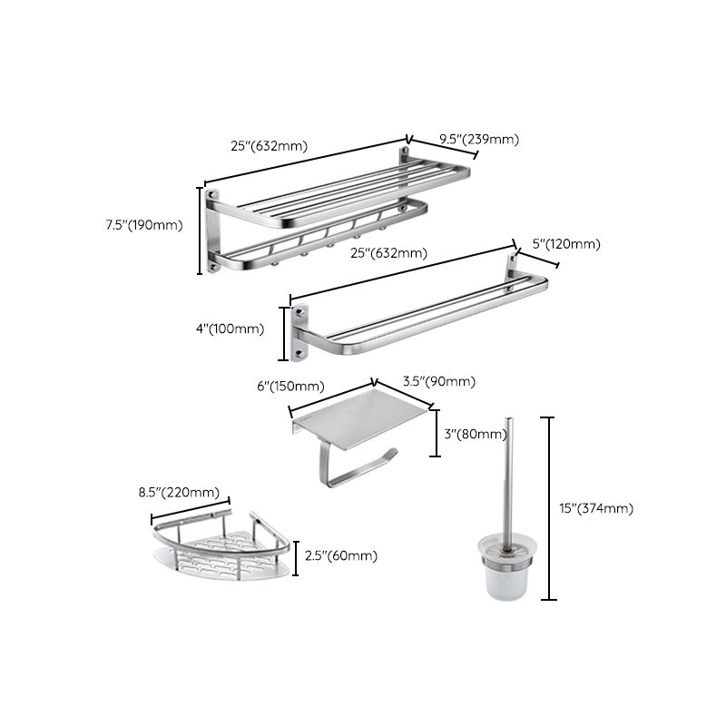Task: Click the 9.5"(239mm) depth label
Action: [x=478, y=139]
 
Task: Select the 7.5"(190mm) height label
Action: [x=145, y=225]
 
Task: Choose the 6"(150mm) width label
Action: [x=290, y=386]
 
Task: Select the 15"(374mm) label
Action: [x=595, y=508]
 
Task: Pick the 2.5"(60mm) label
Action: [x=340, y=555]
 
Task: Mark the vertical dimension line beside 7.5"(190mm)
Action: [x=201, y=231]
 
